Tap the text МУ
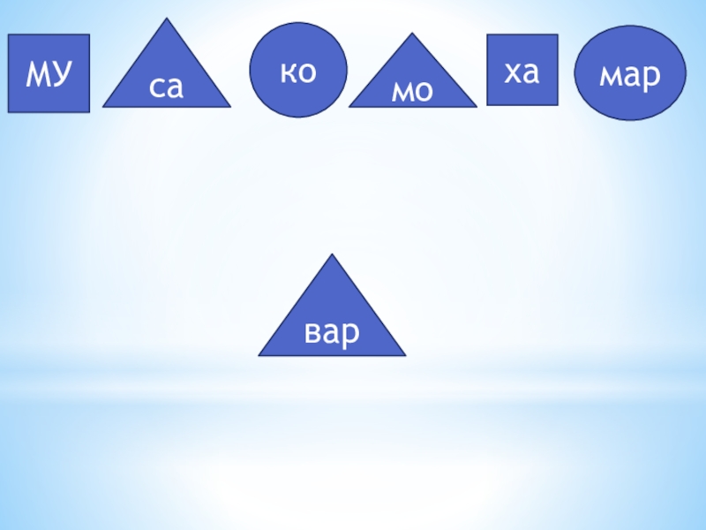coord(49,74)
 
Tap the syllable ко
coord(298,71)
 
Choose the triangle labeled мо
coord(412,79)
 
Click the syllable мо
coord(412,90)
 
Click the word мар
coord(630,77)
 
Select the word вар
coord(332,332)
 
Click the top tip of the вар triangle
coord(333,255)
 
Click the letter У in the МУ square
coord(60,74)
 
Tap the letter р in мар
coord(651,79)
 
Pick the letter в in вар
coord(312,333)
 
